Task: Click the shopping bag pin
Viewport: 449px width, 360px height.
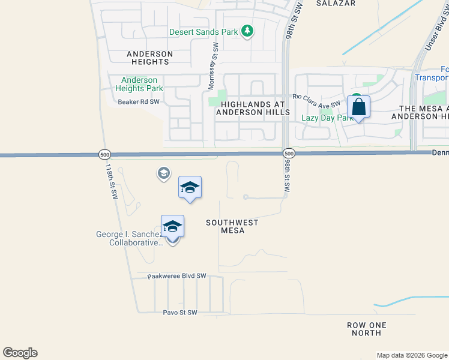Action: (358, 107)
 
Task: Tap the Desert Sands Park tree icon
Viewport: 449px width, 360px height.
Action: (247, 31)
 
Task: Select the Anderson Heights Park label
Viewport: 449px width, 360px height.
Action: (139, 84)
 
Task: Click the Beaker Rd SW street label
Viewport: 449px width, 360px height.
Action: (138, 102)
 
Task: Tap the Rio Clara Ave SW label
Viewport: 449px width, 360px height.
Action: (316, 100)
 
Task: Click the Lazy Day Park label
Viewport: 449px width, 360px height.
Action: (327, 118)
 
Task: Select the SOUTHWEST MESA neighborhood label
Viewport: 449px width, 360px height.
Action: (232, 226)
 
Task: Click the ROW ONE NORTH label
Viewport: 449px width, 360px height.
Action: (367, 329)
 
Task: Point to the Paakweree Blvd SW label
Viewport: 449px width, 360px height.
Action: (177, 276)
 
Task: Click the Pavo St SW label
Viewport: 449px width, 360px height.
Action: (180, 313)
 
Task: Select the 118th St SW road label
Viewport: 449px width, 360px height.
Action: (112, 180)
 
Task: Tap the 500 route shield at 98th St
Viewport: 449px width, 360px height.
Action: (288, 154)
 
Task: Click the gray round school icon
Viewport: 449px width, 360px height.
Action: (163, 174)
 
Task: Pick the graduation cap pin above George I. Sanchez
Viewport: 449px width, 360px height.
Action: (172, 226)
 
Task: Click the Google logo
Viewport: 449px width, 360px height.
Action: (20, 353)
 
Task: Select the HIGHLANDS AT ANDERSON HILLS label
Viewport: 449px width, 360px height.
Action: (253, 108)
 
